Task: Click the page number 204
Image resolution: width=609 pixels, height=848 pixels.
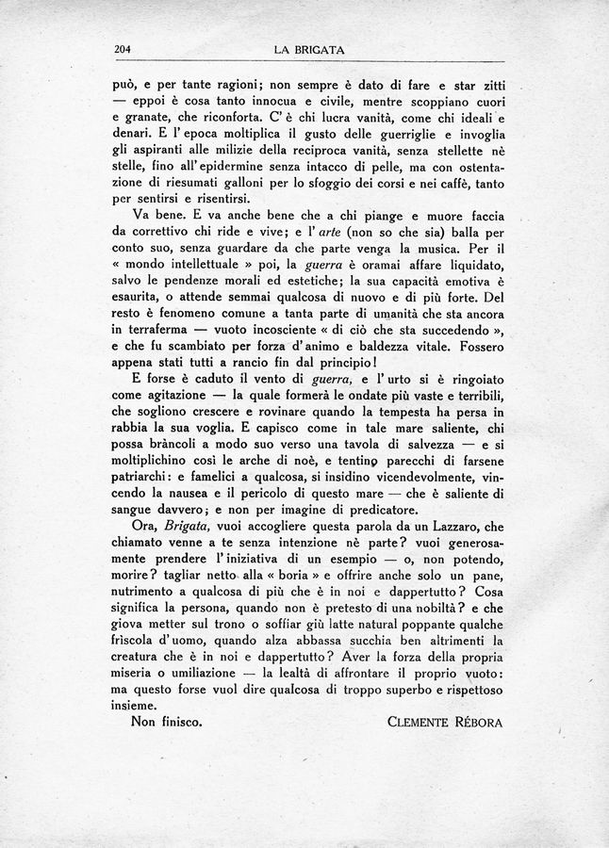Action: (122, 50)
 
